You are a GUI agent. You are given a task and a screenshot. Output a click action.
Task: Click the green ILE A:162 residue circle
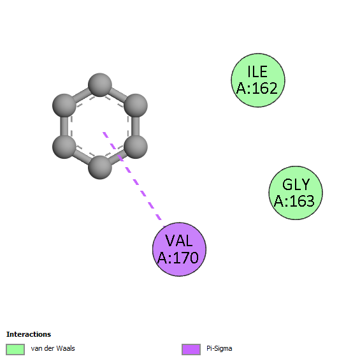[x=258, y=80]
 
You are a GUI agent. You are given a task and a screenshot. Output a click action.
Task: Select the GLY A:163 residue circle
[x=296, y=193]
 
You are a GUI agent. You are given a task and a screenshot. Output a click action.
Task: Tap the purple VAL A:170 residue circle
[x=179, y=249]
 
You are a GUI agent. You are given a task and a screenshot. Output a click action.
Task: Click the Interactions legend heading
[x=29, y=334]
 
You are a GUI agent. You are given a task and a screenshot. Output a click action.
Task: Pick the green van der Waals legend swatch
[x=15, y=350]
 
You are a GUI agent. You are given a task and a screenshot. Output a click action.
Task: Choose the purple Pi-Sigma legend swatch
[x=191, y=350]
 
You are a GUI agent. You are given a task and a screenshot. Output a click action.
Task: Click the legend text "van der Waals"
[x=53, y=348]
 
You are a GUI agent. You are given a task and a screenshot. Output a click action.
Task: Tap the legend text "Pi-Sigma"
[x=219, y=349]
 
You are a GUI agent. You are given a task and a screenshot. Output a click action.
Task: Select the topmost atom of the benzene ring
[x=100, y=85]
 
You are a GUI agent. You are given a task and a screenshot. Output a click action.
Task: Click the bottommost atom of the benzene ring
[x=100, y=167]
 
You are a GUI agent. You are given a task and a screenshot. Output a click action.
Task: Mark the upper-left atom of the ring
[x=64, y=106]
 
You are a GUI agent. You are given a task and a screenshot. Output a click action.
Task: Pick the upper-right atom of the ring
[x=136, y=106]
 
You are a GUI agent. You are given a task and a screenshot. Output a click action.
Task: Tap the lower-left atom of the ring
[x=64, y=147]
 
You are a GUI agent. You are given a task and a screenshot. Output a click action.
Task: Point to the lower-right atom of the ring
[x=136, y=147]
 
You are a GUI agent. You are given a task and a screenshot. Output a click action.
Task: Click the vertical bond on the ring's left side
[x=64, y=126]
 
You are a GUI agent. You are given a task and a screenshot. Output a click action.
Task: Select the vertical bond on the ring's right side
[x=136, y=126]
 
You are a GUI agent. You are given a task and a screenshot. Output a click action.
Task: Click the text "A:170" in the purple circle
[x=178, y=258]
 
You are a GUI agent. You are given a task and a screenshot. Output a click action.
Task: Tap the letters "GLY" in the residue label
[x=296, y=184]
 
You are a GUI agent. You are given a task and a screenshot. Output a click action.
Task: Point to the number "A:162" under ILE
[x=257, y=88]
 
